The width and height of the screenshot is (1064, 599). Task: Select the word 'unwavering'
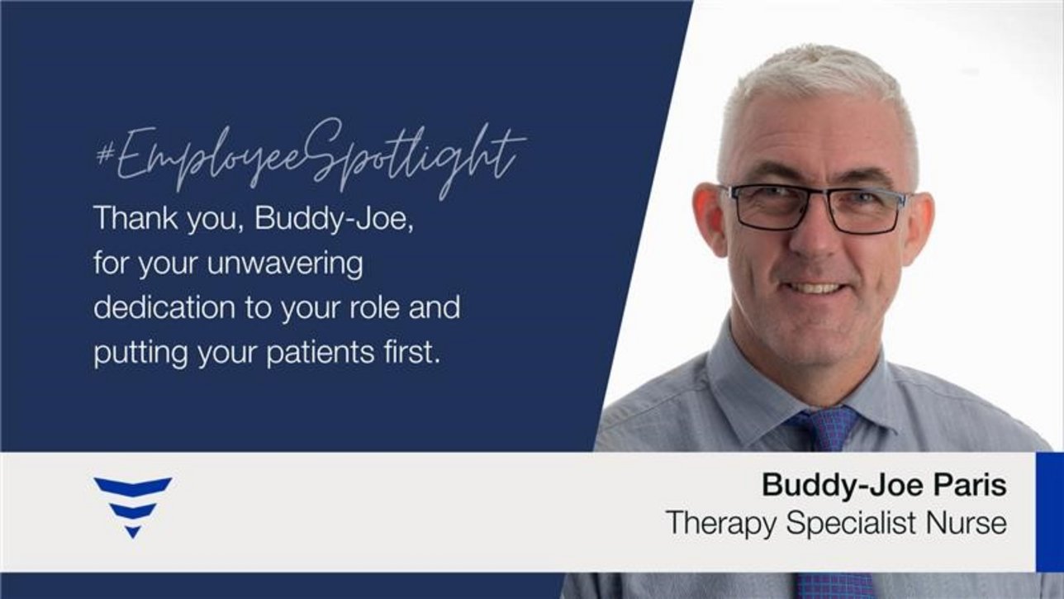(285, 264)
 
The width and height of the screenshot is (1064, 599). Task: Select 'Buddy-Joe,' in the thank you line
(335, 218)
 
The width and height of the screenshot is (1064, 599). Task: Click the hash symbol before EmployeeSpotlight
(104, 155)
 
